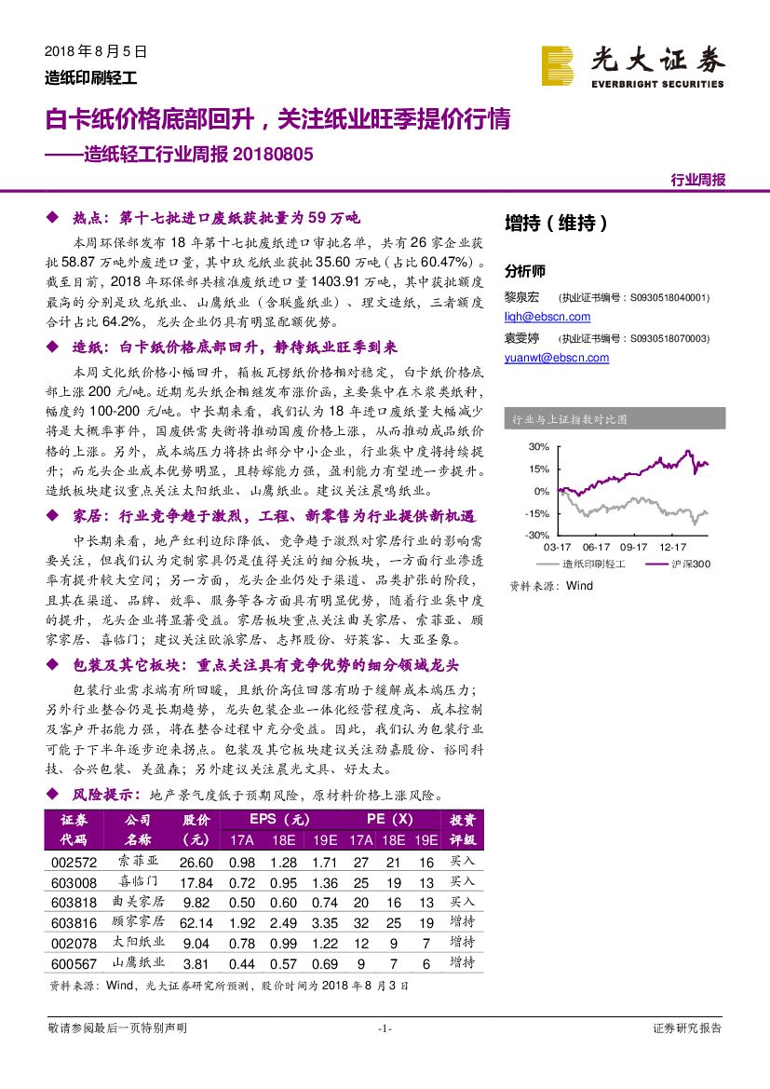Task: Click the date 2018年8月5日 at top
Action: point(96,52)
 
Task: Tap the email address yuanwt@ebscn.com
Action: point(557,358)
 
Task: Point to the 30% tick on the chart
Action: point(537,446)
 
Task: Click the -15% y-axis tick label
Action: point(535,513)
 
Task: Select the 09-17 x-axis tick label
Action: point(633,548)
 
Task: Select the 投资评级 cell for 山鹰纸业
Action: point(462,962)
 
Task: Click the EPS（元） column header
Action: point(278,820)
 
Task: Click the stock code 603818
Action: point(73,903)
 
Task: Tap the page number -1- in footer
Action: point(385,1028)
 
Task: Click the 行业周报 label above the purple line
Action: point(697,180)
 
